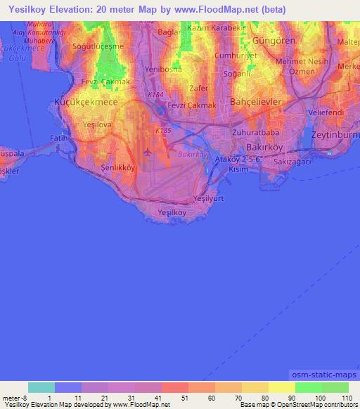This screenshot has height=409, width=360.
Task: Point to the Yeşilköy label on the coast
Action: [x=172, y=212]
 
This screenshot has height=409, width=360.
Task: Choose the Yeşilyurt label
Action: [x=207, y=199]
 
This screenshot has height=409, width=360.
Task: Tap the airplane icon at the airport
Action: [x=147, y=151]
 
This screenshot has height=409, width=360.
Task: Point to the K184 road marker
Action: [x=155, y=93]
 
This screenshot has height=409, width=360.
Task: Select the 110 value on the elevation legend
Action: [x=346, y=398]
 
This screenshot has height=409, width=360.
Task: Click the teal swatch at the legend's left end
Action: [x=41, y=387]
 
